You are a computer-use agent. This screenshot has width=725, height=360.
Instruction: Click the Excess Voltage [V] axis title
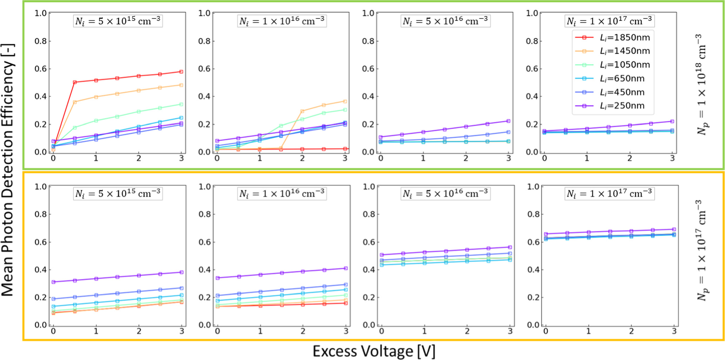tap(374, 351)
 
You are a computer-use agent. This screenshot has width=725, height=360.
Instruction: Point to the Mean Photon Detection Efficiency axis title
tap(8, 170)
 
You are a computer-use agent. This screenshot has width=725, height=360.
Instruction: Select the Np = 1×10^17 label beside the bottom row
tap(701, 250)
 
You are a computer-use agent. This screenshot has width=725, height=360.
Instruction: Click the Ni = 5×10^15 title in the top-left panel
tap(118, 21)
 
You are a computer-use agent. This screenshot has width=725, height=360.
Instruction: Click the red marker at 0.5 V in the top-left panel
tap(75, 82)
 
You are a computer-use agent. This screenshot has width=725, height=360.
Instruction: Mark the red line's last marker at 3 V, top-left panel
tap(181, 72)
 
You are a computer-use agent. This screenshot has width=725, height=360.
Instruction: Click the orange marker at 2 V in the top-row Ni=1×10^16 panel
tap(302, 111)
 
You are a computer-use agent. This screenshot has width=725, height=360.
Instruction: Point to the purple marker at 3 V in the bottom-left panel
tap(181, 272)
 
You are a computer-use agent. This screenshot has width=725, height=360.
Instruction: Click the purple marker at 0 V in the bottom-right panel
tap(546, 234)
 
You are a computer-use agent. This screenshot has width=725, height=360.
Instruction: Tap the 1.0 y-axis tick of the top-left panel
tap(40, 13)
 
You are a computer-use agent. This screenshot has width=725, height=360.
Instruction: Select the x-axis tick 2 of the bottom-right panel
tap(631, 331)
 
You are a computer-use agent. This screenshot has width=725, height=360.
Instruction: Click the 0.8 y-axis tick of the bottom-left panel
tap(40, 214)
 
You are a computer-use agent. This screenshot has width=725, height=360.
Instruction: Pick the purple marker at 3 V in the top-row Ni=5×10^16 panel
tap(508, 121)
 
